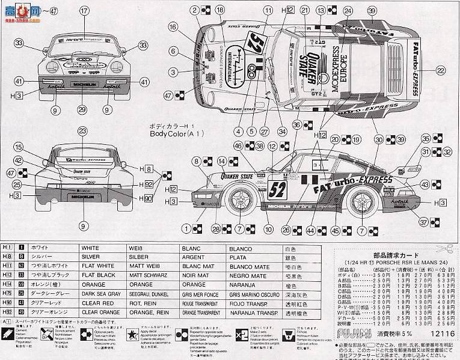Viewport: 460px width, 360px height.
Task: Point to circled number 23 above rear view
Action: pos(82,131)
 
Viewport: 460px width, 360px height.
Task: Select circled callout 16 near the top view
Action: pos(174,26)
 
